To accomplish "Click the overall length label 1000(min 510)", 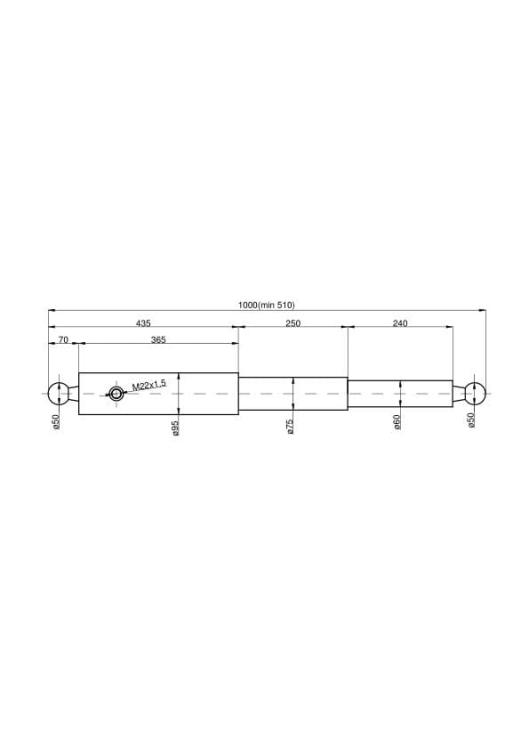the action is (x=266, y=305).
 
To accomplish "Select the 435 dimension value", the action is (x=143, y=323).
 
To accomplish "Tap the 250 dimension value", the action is (x=293, y=323).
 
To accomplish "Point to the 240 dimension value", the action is (x=400, y=323).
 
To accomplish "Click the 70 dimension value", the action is (x=63, y=340).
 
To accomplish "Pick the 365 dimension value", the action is (x=158, y=340).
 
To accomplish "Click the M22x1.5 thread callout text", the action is (x=149, y=385).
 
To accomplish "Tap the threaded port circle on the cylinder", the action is (x=116, y=394).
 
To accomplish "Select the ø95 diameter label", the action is (x=176, y=428).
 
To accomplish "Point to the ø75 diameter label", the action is (x=290, y=426).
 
